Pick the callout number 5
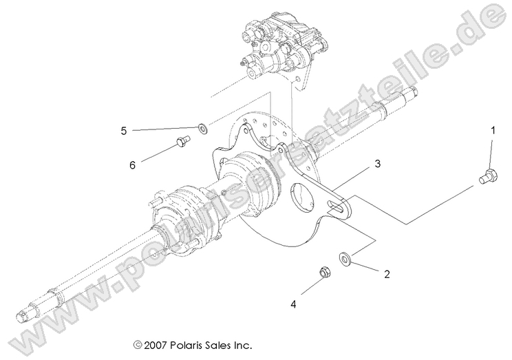(x=124, y=129)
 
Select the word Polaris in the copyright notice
(x=189, y=344)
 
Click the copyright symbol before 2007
(x=138, y=344)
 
